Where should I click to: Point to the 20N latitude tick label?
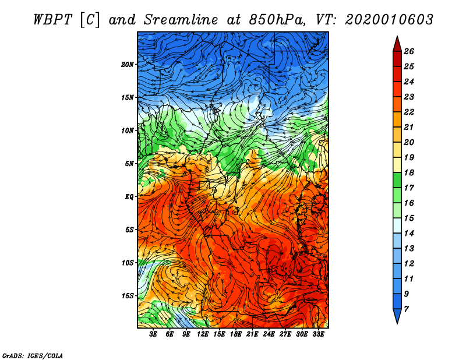(x=128, y=64)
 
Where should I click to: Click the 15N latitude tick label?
(x=128, y=97)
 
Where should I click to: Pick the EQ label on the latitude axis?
(x=129, y=197)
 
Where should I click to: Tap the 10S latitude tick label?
(x=128, y=263)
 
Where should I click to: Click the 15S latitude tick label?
(x=128, y=296)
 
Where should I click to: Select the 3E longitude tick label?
(x=153, y=334)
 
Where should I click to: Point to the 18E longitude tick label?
(x=236, y=334)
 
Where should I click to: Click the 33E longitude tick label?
(x=318, y=334)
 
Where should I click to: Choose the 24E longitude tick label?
(x=269, y=334)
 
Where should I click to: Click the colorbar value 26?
(x=408, y=51)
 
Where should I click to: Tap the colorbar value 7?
(x=406, y=308)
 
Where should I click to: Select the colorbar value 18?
(x=408, y=172)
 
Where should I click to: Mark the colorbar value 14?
(x=408, y=232)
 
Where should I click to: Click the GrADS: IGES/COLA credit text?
(x=32, y=355)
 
